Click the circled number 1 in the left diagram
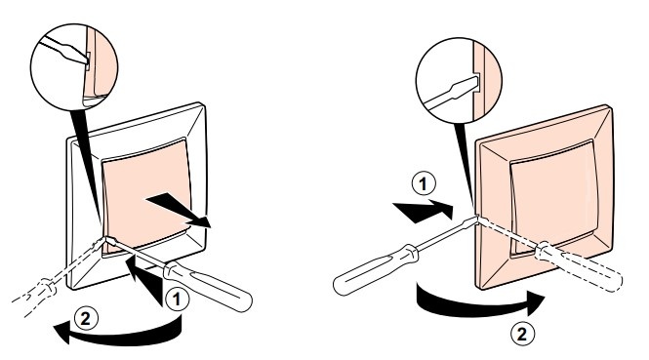coord(178,300)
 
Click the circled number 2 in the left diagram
coord(85,319)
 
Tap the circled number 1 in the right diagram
coord(423,184)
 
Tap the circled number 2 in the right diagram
coord(523,333)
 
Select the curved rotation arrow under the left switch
coord(124,336)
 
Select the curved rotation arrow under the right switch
coord(476,307)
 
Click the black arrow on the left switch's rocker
coord(178,209)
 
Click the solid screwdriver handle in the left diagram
coord(208,287)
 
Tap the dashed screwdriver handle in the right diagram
coord(579,266)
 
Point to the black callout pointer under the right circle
coord(465,166)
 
